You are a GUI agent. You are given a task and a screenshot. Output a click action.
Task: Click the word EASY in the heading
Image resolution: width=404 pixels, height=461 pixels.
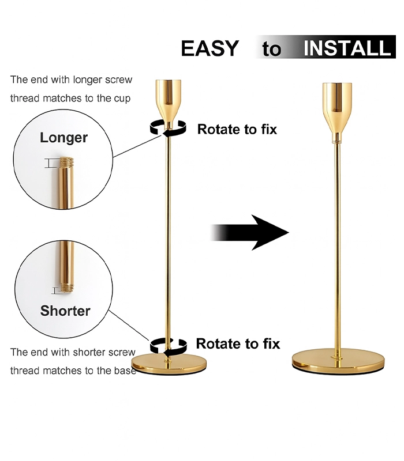click(210, 48)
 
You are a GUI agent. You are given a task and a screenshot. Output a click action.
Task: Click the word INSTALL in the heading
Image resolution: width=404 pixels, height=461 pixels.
click(347, 48)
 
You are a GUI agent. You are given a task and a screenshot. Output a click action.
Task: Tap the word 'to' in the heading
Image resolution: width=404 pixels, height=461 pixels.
click(271, 49)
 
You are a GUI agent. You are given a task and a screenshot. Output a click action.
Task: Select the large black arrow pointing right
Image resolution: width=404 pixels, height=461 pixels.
click(250, 232)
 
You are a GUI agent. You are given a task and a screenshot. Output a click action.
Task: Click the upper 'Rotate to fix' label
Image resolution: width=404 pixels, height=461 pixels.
click(237, 129)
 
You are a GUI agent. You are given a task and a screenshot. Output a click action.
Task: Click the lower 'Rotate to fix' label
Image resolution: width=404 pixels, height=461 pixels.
click(238, 343)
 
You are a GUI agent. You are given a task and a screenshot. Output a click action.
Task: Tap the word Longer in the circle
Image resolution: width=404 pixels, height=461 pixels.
click(63, 138)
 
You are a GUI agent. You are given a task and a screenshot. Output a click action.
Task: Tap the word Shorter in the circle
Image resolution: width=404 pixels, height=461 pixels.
click(65, 311)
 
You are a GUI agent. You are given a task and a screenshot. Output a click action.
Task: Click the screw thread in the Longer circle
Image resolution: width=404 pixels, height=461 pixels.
click(66, 162)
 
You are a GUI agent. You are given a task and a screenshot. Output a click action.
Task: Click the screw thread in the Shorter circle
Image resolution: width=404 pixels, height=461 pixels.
click(68, 289)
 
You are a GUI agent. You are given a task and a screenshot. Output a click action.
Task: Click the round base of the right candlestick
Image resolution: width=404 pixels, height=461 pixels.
click(338, 361)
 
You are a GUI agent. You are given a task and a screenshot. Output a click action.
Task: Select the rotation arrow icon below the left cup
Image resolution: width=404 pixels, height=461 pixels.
click(168, 129)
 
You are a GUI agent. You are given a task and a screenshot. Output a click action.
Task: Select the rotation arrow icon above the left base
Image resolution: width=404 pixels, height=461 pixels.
click(168, 346)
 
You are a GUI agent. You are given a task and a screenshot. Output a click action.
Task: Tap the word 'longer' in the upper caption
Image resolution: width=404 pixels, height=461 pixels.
click(88, 80)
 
